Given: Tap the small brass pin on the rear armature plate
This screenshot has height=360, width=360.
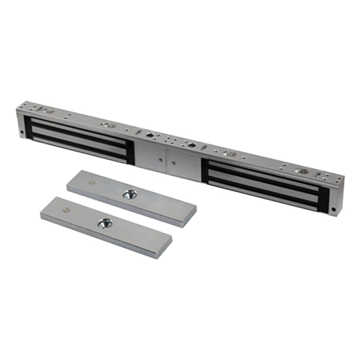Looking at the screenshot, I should coord(92,182).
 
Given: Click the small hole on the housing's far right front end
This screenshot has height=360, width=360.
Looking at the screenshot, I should coord(334,210).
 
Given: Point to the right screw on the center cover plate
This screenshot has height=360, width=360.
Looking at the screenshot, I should coord(173,163).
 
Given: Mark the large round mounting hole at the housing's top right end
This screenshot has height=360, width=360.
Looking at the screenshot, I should coord(303,171).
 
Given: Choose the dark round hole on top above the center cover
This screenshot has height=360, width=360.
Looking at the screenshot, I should coord(149,135).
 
